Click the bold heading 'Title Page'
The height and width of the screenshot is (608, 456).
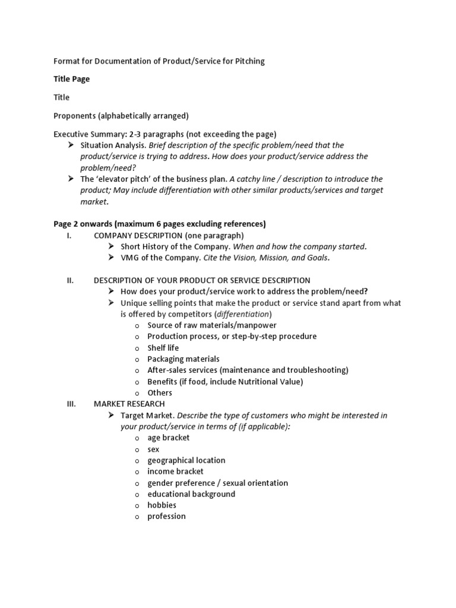click(72, 79)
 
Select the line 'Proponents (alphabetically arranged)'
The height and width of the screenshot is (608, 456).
click(121, 115)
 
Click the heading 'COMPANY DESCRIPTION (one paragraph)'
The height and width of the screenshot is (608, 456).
click(169, 235)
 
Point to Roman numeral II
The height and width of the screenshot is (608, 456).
click(69, 280)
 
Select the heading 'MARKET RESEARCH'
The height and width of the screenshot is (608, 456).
click(129, 404)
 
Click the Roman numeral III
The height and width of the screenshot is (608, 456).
click(71, 404)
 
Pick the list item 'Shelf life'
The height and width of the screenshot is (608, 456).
click(163, 348)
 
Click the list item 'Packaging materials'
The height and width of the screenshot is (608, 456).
click(183, 359)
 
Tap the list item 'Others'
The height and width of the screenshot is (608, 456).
click(160, 392)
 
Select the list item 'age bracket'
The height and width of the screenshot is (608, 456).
click(169, 438)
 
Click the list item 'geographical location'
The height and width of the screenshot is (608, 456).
click(186, 460)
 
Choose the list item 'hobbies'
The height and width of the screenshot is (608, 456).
click(161, 505)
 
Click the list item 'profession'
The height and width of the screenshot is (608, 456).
click(166, 516)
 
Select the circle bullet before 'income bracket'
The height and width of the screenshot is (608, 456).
click(137, 472)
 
